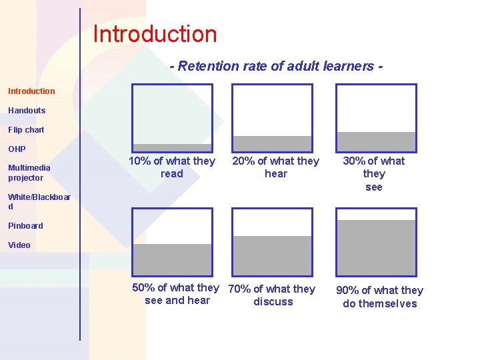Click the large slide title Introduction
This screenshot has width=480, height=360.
(x=155, y=34)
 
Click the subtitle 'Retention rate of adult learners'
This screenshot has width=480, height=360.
(x=276, y=66)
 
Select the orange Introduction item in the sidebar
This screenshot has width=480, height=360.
(x=31, y=91)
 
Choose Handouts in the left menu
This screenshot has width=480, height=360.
(x=27, y=110)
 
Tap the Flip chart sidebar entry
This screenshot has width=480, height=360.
(x=26, y=129)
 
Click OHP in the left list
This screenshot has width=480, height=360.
(x=17, y=149)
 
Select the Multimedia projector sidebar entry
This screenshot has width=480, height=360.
(x=29, y=173)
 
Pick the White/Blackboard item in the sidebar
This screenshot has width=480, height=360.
(x=39, y=201)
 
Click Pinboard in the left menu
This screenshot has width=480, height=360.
(x=25, y=225)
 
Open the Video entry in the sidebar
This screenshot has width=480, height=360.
(x=19, y=245)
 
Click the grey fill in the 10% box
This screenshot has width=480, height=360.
(x=172, y=147)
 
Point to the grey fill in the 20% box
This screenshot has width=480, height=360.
(x=272, y=143)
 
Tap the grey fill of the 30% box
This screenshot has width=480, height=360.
(x=376, y=141)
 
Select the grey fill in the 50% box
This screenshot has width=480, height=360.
(x=172, y=259)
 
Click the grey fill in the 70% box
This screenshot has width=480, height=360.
(x=272, y=255)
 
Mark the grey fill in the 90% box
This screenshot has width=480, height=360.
(x=376, y=247)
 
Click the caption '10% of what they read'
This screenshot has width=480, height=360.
(x=172, y=167)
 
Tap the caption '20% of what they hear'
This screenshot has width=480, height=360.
(x=275, y=167)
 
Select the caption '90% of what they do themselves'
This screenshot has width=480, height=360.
(x=379, y=297)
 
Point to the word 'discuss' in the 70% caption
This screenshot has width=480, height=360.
(x=273, y=301)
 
